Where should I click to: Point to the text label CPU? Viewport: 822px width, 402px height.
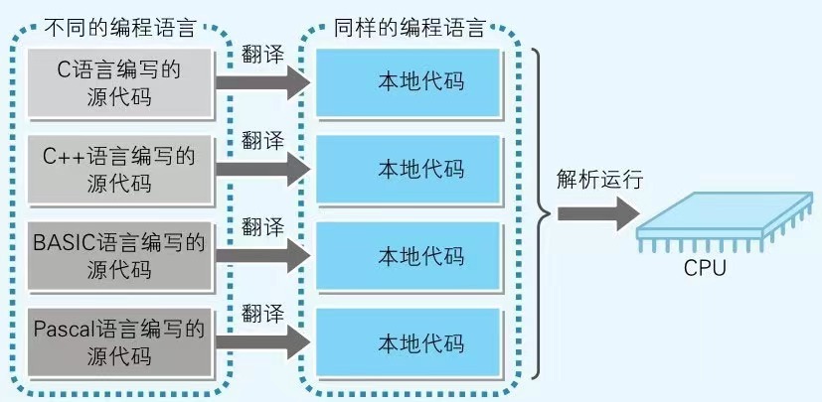[x=705, y=268]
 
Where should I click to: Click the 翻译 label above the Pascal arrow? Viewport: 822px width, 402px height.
[x=263, y=313]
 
